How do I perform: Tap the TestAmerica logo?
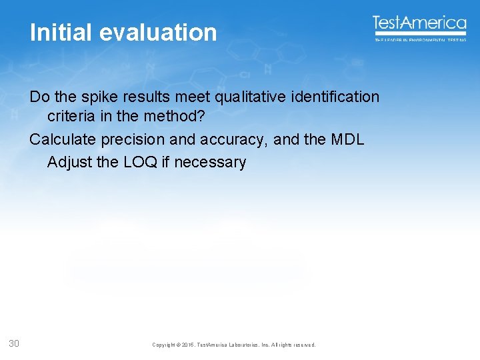coord(419,23)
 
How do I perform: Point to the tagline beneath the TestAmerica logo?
coord(419,40)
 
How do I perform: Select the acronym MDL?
coord(348,140)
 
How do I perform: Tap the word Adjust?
coord(69,162)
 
